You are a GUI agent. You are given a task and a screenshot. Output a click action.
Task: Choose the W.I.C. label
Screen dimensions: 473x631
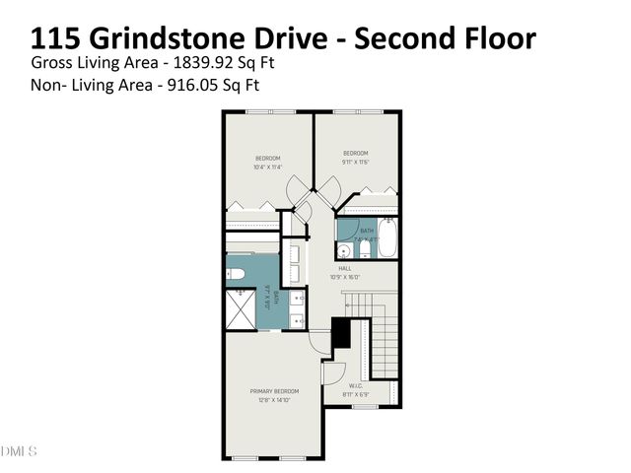click(x=356, y=385)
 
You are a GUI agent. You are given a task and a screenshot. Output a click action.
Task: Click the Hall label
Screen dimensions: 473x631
click(x=345, y=268)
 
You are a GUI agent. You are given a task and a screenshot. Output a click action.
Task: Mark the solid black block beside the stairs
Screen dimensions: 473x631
click(x=341, y=335)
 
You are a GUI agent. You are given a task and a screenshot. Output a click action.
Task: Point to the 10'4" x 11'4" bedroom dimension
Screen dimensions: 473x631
click(x=268, y=167)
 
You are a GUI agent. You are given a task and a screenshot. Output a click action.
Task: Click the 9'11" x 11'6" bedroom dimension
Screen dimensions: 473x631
click(x=355, y=162)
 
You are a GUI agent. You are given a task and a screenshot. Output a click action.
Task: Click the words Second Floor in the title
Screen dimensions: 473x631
click(x=446, y=38)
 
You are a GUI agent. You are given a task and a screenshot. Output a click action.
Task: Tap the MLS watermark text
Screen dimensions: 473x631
click(x=19, y=451)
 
